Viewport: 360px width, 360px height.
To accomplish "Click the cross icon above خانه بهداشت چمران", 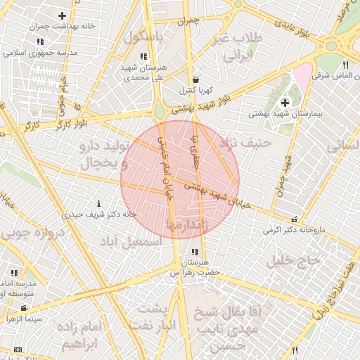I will [x=63, y=15].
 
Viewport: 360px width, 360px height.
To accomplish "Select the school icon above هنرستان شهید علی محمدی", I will [x=143, y=56].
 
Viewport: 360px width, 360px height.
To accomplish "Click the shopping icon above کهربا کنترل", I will [x=195, y=79].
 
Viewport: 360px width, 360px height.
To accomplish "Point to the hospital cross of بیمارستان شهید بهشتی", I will [x=284, y=103].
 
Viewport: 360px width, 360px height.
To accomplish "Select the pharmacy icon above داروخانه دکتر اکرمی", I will [x=294, y=219].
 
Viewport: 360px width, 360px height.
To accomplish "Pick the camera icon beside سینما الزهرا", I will [x=25, y=308].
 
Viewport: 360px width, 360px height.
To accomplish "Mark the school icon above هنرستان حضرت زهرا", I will [x=194, y=252].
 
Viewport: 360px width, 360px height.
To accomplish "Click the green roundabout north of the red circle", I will [x=160, y=111].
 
